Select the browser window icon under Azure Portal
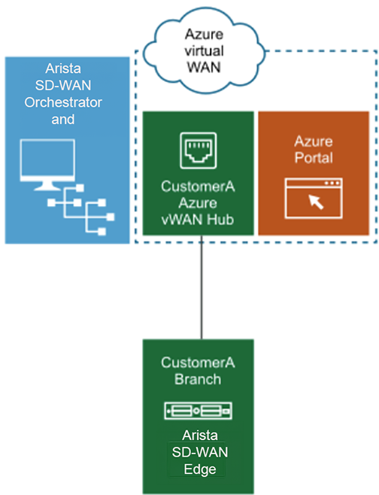click(x=314, y=198)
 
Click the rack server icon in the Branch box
click(x=199, y=411)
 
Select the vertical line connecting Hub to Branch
click(x=201, y=290)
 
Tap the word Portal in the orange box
click(x=314, y=159)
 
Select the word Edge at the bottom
click(x=199, y=469)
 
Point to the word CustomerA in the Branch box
click(x=199, y=363)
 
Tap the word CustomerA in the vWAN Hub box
click(x=199, y=184)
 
